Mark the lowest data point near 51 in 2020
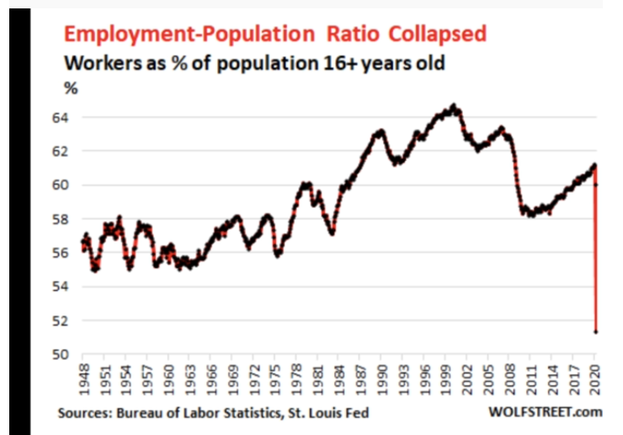point(596,332)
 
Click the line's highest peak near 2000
point(455,107)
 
